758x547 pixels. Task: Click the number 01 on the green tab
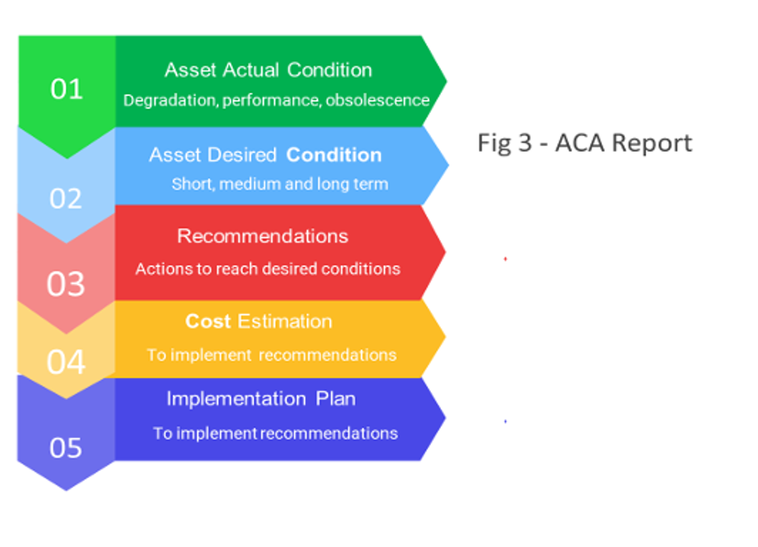[x=67, y=90]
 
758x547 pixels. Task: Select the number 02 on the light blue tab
[x=66, y=199]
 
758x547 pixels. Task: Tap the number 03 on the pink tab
[x=66, y=285]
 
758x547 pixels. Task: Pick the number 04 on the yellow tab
[x=66, y=362]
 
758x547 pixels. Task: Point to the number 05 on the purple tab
[x=66, y=448]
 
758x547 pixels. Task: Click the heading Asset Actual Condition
[x=268, y=70]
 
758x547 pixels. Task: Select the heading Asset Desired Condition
[x=265, y=155]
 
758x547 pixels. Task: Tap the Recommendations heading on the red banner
[x=263, y=237]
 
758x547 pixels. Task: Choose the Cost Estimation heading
[x=258, y=322]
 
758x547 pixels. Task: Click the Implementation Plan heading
[x=261, y=399]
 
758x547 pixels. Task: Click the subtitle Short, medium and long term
[x=280, y=185]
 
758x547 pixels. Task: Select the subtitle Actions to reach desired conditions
[x=268, y=269]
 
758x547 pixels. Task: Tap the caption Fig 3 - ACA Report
[x=584, y=143]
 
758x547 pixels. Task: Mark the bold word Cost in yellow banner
[x=207, y=322]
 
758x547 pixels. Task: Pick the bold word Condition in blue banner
[x=334, y=155]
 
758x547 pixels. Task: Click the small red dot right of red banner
[x=505, y=258]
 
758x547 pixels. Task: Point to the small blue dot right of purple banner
[x=505, y=421]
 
